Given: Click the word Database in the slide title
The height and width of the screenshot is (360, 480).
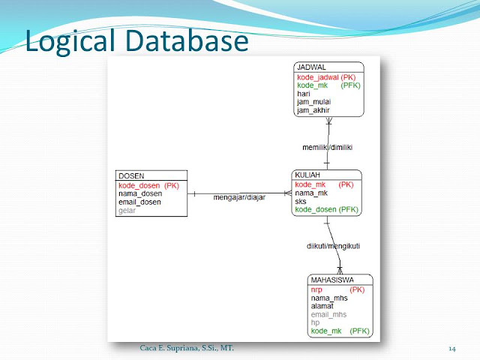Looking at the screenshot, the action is pyautogui.click(x=187, y=40).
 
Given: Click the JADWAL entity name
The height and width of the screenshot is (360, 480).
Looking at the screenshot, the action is pyautogui.click(x=311, y=67).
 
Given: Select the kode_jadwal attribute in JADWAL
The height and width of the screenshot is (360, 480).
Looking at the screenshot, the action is pyautogui.click(x=318, y=77).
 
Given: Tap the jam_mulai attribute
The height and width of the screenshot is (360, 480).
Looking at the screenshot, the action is pyautogui.click(x=313, y=102).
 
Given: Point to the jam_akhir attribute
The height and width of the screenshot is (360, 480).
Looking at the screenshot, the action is pyautogui.click(x=313, y=110).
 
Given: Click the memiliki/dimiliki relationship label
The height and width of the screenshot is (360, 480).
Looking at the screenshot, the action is pyautogui.click(x=327, y=147).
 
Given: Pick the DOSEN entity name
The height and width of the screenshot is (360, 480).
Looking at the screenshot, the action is pyautogui.click(x=131, y=176).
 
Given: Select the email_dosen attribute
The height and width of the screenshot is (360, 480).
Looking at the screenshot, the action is pyautogui.click(x=139, y=202).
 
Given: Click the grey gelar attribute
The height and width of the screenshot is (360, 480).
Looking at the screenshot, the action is pyautogui.click(x=127, y=211).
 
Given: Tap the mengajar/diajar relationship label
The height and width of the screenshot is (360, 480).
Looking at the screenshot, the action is pyautogui.click(x=239, y=197).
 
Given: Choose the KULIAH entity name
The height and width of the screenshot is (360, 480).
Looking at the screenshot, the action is pyautogui.click(x=307, y=175).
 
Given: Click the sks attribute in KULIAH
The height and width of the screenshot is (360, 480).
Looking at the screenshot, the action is pyautogui.click(x=301, y=202).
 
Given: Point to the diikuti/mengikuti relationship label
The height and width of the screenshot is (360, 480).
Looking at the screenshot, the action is pyautogui.click(x=333, y=246).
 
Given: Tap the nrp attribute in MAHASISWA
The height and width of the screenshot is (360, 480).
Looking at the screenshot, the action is pyautogui.click(x=316, y=290).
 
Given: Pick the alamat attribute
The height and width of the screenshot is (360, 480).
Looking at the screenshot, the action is pyautogui.click(x=322, y=306).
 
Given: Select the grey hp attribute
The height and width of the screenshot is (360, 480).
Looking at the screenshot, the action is pyautogui.click(x=315, y=323).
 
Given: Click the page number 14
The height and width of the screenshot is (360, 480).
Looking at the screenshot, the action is pyautogui.click(x=452, y=349).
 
